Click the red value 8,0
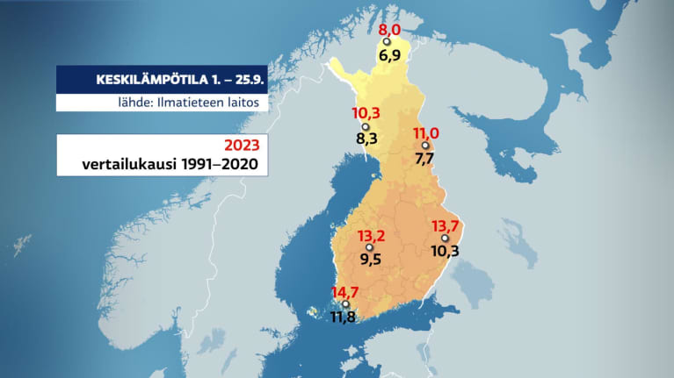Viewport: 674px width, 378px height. pyautogui.click(x=389, y=30)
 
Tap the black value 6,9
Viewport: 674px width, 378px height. pyautogui.click(x=389, y=54)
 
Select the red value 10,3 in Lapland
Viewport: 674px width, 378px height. pyautogui.click(x=366, y=114)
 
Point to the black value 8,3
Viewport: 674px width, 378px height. pyautogui.click(x=367, y=139)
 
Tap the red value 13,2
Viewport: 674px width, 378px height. pyautogui.click(x=371, y=237)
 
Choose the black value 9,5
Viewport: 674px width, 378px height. pyautogui.click(x=371, y=260)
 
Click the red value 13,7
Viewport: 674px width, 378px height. pyautogui.click(x=445, y=226)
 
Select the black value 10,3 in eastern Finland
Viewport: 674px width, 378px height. pyautogui.click(x=446, y=251)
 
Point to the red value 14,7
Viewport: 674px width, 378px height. pyautogui.click(x=344, y=293)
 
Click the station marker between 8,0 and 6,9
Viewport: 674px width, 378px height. pyautogui.click(x=387, y=42)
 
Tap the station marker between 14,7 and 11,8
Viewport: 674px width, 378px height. pyautogui.click(x=332, y=305)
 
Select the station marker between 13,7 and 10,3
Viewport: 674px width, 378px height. pyautogui.click(x=445, y=239)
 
